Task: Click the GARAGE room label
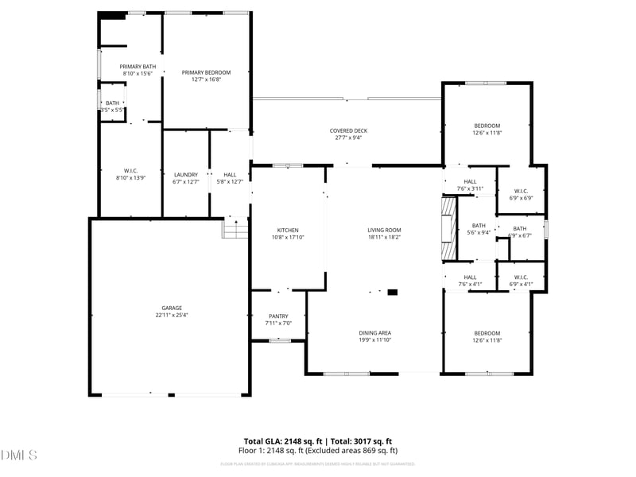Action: click(x=172, y=308)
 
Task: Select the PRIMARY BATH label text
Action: click(x=138, y=67)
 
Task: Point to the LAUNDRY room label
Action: click(x=185, y=175)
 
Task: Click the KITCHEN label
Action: click(x=287, y=230)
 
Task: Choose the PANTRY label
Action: click(x=278, y=316)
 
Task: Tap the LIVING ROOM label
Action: click(x=384, y=230)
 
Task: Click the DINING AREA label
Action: click(x=374, y=332)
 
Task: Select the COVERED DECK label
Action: click(x=348, y=131)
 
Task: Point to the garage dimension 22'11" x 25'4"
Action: click(x=172, y=316)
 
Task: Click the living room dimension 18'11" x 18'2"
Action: click(x=384, y=237)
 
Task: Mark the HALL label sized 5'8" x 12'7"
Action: click(x=230, y=175)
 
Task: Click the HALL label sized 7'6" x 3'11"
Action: click(x=470, y=182)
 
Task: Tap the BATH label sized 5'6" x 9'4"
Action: click(x=478, y=225)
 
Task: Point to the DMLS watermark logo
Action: click(x=19, y=456)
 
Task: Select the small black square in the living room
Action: click(x=392, y=293)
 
